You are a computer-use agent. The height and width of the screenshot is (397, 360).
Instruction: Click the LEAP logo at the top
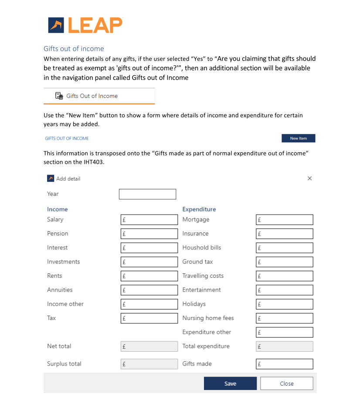(x=85, y=25)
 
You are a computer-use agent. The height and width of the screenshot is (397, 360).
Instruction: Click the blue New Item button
(x=298, y=138)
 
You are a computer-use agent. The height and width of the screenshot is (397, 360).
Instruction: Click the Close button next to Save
(x=286, y=384)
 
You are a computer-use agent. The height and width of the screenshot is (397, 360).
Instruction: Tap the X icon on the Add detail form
(x=309, y=178)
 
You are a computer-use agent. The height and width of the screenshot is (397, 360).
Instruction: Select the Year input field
(x=147, y=194)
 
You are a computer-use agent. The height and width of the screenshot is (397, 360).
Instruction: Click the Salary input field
(x=149, y=220)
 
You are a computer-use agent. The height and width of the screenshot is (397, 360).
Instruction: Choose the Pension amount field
(x=149, y=234)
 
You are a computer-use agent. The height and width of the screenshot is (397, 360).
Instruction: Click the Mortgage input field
(x=284, y=220)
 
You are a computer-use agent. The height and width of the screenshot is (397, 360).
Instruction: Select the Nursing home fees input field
(x=284, y=318)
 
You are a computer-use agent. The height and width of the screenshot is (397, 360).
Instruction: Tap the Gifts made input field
(x=284, y=364)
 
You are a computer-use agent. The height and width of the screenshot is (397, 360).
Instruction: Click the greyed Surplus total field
(x=149, y=364)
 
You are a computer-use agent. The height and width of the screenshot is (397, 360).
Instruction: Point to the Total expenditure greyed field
(x=284, y=347)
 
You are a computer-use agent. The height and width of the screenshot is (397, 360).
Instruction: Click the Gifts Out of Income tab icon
(x=59, y=96)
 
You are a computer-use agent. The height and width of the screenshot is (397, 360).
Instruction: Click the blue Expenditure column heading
(x=199, y=209)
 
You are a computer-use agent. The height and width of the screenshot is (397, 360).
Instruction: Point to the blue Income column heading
(x=57, y=209)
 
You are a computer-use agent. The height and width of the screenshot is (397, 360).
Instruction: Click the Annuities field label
(x=60, y=290)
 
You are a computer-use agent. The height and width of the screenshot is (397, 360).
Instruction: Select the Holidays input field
(x=284, y=304)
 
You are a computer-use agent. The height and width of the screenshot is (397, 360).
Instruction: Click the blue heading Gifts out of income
(x=74, y=49)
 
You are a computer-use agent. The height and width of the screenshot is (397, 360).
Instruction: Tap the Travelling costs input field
(x=284, y=276)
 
